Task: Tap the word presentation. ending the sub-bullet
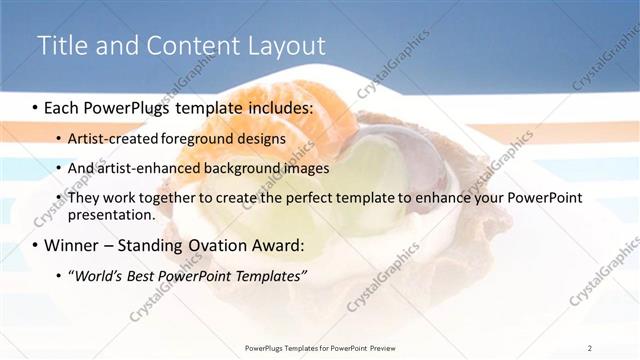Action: pyautogui.click(x=111, y=214)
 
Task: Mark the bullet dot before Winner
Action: pyautogui.click(x=35, y=246)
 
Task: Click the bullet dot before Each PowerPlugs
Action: pyautogui.click(x=35, y=106)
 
